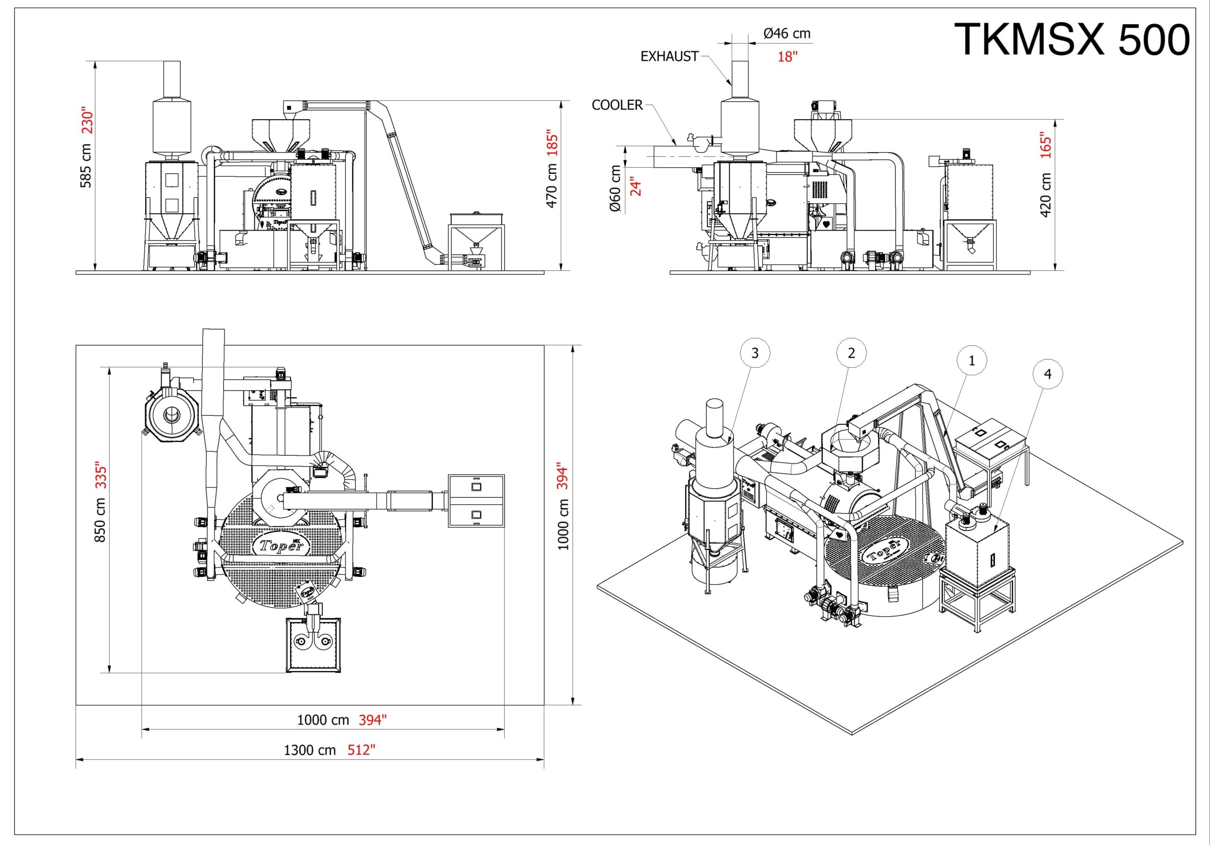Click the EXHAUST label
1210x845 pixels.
(669, 56)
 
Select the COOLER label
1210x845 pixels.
(617, 105)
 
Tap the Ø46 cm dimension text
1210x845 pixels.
(787, 34)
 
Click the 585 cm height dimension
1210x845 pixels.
(86, 165)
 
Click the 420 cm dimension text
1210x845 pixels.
(1046, 195)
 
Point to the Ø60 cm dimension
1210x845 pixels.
(615, 189)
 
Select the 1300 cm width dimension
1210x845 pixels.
(310, 750)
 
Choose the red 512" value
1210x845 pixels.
(361, 750)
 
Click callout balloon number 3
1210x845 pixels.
(755, 353)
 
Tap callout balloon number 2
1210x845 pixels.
(851, 353)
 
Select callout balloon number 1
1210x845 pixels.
(972, 361)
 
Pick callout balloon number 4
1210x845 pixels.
(1047, 373)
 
